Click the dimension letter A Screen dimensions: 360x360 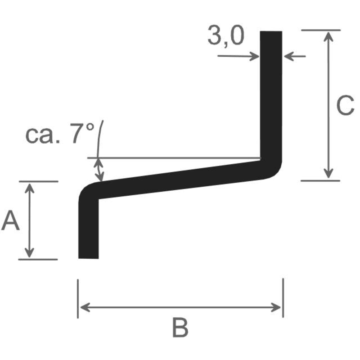pos(10,220)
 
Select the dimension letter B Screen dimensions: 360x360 pos(180,328)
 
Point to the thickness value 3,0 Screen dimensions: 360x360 pos(226,36)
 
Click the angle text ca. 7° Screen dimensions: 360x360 pos(60,134)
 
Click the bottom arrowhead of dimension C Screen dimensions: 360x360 pos(328,174)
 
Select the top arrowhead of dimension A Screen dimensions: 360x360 pos(29,188)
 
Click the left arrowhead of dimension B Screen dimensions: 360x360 pos(85,307)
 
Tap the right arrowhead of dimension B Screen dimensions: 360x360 pos(276,307)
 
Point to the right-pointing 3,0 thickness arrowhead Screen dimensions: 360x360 pos(255,56)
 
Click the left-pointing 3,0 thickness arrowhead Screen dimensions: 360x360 pos(289,56)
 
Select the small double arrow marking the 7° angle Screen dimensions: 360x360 pos(99,170)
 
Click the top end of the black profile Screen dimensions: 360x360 pos(271,31)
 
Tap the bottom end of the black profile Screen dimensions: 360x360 pos(88,258)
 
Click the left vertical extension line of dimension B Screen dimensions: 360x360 pos(78,299)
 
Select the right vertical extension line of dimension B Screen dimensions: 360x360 pos(283,298)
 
